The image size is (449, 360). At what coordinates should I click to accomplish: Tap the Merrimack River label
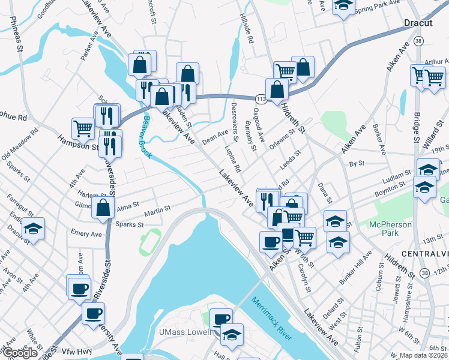[x=272, y=318]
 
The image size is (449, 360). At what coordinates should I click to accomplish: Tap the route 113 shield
[x=261, y=98]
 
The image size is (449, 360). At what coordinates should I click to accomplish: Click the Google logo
[x=20, y=353]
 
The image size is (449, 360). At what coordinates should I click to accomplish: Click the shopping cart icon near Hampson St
[x=82, y=127]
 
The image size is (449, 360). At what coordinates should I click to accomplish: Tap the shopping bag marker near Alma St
[x=103, y=208]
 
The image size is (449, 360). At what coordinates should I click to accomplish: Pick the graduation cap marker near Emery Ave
[x=33, y=228]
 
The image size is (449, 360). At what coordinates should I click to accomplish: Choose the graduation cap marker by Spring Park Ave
[x=343, y=6]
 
